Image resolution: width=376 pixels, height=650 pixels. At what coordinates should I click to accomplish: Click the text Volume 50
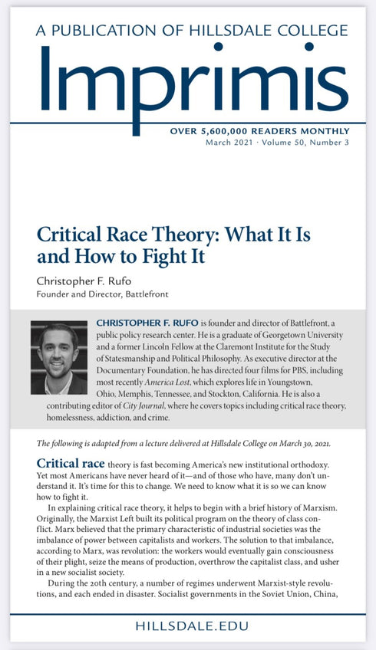click(285, 143)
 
